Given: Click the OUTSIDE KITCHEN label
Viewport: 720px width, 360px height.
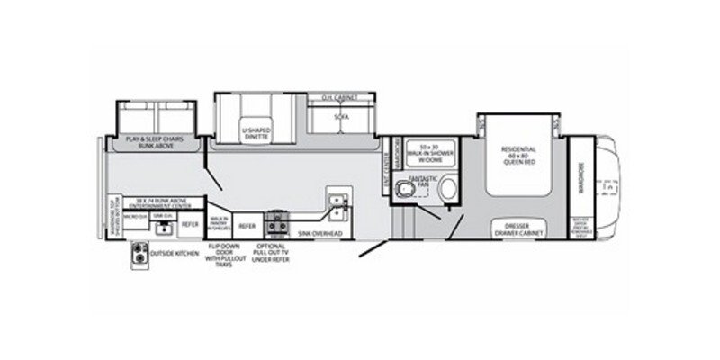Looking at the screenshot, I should (175, 255).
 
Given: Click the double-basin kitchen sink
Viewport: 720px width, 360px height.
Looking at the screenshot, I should (337, 207).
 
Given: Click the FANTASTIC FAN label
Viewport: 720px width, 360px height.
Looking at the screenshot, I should (421, 184).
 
